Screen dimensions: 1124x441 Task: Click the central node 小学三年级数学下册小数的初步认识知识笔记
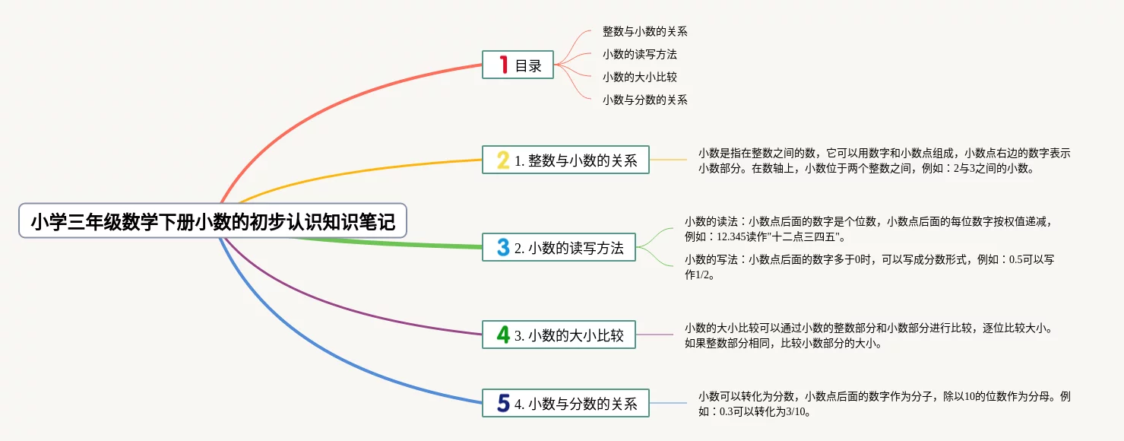(x=213, y=220)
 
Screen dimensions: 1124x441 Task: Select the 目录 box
(x=518, y=65)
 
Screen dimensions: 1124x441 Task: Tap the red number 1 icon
(x=504, y=65)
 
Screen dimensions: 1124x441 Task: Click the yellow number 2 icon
(x=503, y=160)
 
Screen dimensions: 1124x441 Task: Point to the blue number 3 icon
(x=503, y=247)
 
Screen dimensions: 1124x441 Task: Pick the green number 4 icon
(x=503, y=335)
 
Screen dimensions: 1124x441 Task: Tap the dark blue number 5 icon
(x=503, y=403)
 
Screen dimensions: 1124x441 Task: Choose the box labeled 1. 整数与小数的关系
(x=565, y=160)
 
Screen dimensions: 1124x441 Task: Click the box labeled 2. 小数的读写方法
(x=559, y=247)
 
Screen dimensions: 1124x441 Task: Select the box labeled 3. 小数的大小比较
(x=559, y=335)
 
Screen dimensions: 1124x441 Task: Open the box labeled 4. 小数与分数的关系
(x=565, y=403)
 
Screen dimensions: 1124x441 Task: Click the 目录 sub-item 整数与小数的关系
(x=644, y=31)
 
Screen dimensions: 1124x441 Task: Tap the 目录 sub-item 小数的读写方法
(x=640, y=54)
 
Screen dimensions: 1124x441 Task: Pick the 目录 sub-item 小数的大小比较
(x=640, y=77)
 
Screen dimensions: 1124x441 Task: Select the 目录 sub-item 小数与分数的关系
(x=644, y=100)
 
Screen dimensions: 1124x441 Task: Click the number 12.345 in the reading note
(x=732, y=236)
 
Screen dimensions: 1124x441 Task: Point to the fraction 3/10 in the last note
(x=795, y=412)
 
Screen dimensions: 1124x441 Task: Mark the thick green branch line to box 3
(x=386, y=243)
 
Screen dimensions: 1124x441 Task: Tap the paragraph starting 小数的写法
(x=869, y=267)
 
